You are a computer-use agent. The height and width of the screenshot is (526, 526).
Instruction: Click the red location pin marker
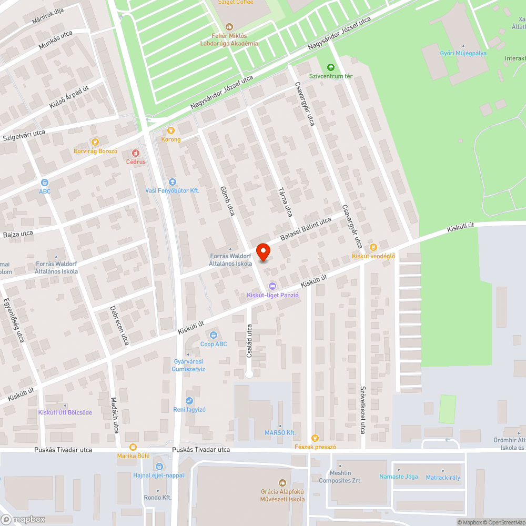click(x=263, y=251)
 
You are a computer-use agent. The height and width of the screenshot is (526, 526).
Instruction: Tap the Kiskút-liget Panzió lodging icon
click(x=272, y=286)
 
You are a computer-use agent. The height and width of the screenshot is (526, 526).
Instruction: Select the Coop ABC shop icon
click(x=214, y=335)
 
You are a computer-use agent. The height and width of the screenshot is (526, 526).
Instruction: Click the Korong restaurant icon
click(x=170, y=130)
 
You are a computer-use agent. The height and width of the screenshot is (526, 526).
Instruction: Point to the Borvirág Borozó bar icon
click(x=95, y=141)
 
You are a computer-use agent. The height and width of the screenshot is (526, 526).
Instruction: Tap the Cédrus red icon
click(x=135, y=153)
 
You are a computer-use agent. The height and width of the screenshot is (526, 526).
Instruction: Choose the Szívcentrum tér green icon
click(x=330, y=67)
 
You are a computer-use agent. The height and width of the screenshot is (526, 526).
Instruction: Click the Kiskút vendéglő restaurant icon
click(x=373, y=247)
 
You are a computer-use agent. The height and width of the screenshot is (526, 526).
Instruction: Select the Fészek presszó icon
click(x=315, y=438)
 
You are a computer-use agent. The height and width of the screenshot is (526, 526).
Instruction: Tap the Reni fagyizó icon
click(x=189, y=401)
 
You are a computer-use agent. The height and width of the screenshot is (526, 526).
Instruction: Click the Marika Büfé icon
click(x=133, y=447)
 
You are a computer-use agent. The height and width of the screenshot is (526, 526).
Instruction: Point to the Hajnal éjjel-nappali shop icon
click(x=159, y=466)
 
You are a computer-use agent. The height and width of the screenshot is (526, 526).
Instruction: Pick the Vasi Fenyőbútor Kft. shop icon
click(x=173, y=181)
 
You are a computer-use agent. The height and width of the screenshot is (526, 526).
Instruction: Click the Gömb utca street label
click(x=227, y=200)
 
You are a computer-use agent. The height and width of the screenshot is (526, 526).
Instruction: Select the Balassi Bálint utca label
click(x=305, y=229)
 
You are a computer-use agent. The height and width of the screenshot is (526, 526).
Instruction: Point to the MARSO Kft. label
click(x=280, y=432)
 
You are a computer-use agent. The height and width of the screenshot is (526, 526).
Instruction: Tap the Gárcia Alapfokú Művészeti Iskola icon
click(x=282, y=482)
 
